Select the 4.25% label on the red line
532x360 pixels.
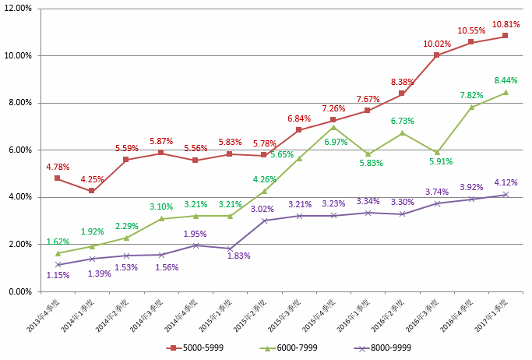pos(93,178)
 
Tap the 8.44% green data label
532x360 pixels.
pos(505,80)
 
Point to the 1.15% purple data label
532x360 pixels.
pos(58,275)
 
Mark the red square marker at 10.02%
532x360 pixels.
pos(436,55)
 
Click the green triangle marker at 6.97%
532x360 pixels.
pos(333,127)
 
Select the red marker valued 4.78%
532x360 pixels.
pos(58,178)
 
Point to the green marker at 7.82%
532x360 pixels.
pos(470,107)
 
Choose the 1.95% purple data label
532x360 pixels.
pos(195,234)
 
